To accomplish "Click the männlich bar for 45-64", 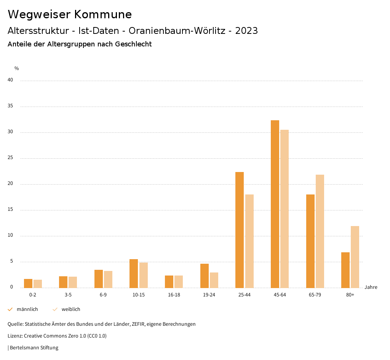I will point(275,204).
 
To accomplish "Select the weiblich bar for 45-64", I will point(285,209).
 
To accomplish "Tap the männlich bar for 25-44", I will point(240,230).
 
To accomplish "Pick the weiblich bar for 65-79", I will point(320,231).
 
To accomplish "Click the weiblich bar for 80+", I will point(355,257).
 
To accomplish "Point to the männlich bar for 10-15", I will point(134,273).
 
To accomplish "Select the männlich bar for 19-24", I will point(205,276).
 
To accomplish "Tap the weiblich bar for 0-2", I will point(38,284).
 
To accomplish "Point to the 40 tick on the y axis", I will point(10,80).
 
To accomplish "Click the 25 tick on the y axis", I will point(10,158).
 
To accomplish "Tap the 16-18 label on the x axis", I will point(174,295).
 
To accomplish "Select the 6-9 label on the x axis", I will point(103,295).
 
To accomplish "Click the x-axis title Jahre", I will point(371,287).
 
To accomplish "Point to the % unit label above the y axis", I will point(17,68).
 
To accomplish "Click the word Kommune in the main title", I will point(103,14).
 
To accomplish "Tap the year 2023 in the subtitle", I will point(246,31).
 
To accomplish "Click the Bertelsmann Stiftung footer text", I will point(34,348).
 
